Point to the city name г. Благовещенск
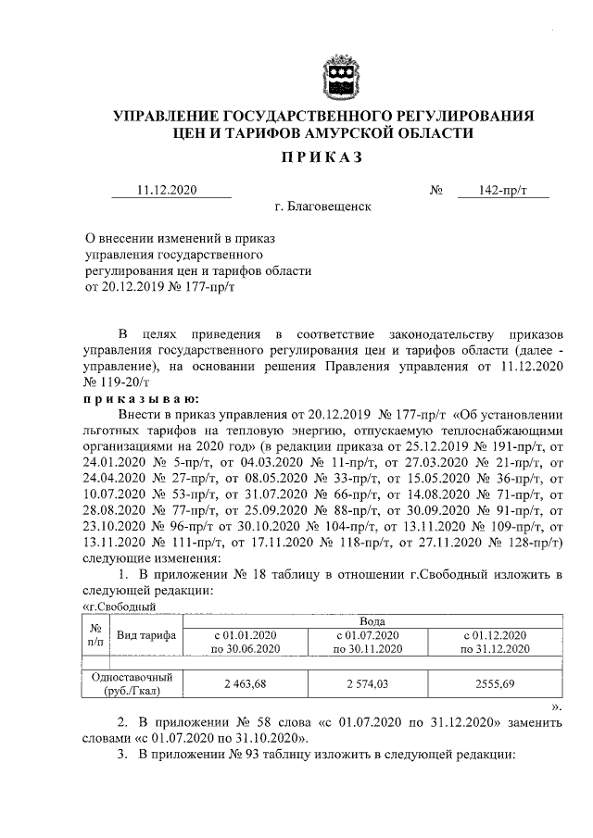coord(322,206)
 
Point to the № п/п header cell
coord(95,633)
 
